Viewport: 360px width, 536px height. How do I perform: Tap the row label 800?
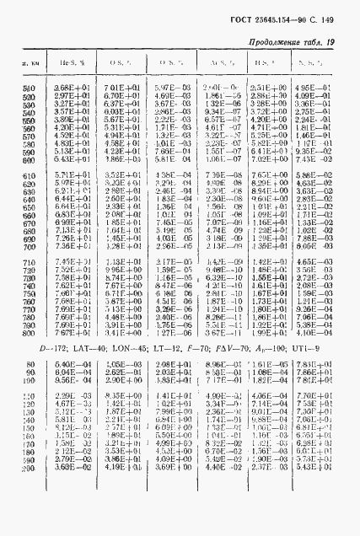tap(30, 332)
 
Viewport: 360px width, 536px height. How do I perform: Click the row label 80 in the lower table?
tap(31, 365)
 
